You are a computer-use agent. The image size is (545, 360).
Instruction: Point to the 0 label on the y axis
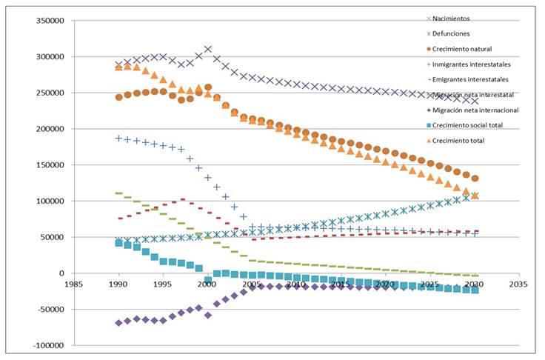point(61,273)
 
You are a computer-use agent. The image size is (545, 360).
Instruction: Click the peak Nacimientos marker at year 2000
point(208,49)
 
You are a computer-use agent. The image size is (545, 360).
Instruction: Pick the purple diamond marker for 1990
point(118,323)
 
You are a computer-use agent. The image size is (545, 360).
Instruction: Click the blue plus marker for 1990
point(118,139)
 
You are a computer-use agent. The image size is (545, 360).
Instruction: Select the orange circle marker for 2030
point(475,179)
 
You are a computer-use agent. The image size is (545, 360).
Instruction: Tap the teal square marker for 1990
point(118,243)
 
